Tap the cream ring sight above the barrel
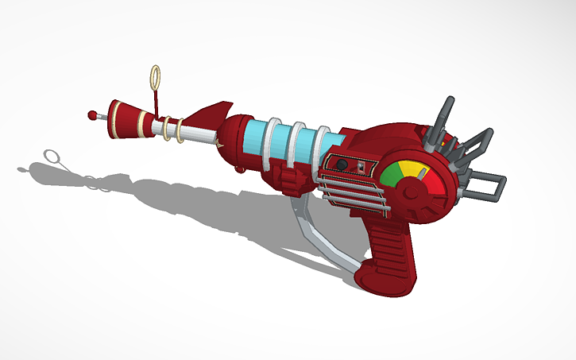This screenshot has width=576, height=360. coord(156,78)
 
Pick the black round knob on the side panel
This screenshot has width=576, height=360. coord(342,165)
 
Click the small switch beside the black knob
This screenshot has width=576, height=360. coord(361,166)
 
